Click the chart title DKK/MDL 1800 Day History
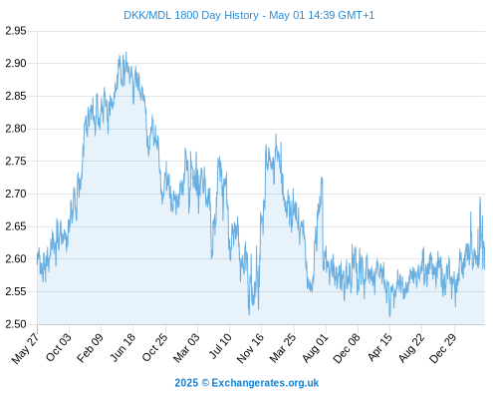pyautogui.click(x=191, y=15)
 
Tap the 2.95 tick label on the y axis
pyautogui.click(x=16, y=31)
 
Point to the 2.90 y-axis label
pyautogui.click(x=16, y=63)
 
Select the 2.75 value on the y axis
pyautogui.click(x=16, y=162)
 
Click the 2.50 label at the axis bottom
pyautogui.click(x=16, y=324)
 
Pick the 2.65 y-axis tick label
pyautogui.click(x=16, y=226)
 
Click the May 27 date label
pyautogui.click(x=25, y=348)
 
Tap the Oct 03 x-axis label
pyautogui.click(x=59, y=348)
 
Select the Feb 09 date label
pyautogui.click(x=90, y=348)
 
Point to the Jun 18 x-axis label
pyautogui.click(x=123, y=347)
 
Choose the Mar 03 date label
pyautogui.click(x=186, y=348)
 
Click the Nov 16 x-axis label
pyautogui.click(x=250, y=348)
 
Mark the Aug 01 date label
pyautogui.click(x=315, y=348)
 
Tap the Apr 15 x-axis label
pyautogui.click(x=379, y=348)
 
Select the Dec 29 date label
pyautogui.click(x=443, y=348)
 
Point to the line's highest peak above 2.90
pyautogui.click(x=125, y=53)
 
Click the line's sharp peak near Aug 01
pyautogui.click(x=322, y=178)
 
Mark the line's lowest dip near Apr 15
pyautogui.click(x=389, y=316)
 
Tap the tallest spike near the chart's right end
pyautogui.click(x=480, y=198)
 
